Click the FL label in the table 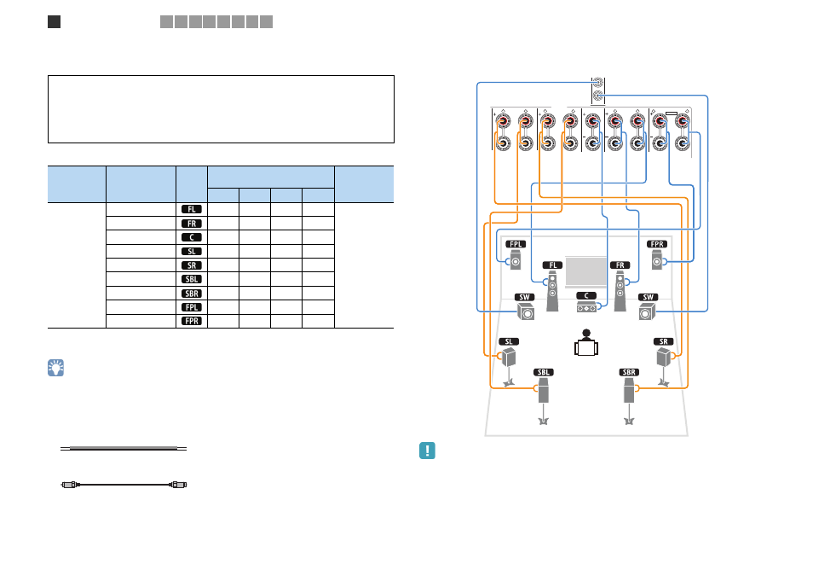192,209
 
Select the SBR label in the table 192,294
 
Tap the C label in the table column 192,237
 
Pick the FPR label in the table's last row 192,321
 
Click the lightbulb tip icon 56,368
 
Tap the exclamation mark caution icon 427,451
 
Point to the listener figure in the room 586,343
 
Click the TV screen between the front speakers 586,271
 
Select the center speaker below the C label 586,308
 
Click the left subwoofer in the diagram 526,311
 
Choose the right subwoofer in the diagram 647,311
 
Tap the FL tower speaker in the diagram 553,291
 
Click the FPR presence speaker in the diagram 657,260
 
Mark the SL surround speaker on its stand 509,367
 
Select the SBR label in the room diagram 629,372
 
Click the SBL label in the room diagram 544,372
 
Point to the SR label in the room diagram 664,341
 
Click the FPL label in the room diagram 516,244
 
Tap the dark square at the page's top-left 54,22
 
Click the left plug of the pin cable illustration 71,485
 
